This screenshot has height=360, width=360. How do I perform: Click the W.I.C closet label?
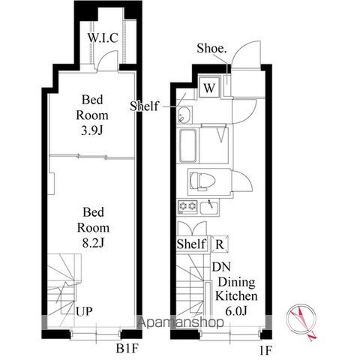point(103,38)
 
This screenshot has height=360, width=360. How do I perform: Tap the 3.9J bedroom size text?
point(92,130)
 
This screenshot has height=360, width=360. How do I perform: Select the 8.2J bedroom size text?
point(93,243)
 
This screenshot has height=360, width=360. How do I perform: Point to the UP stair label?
point(84,311)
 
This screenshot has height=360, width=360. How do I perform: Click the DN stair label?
point(221,267)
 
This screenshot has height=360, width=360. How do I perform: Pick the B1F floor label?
point(127,349)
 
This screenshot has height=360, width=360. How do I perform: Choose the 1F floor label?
point(265,351)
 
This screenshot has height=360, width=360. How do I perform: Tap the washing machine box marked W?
point(209,87)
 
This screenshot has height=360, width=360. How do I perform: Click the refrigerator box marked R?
point(220,244)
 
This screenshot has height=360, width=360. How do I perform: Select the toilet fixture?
point(202,181)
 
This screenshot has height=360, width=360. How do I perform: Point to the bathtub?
point(187,145)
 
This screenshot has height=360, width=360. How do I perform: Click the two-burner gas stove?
point(187,207)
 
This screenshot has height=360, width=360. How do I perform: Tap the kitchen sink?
point(209,208)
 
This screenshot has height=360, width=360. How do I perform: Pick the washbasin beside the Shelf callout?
point(184,115)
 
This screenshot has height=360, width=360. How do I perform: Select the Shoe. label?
point(211,49)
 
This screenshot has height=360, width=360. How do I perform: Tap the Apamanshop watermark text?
point(181,322)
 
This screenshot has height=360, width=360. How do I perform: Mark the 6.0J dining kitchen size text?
point(236,310)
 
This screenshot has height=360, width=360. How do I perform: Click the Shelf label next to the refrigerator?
point(191,244)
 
